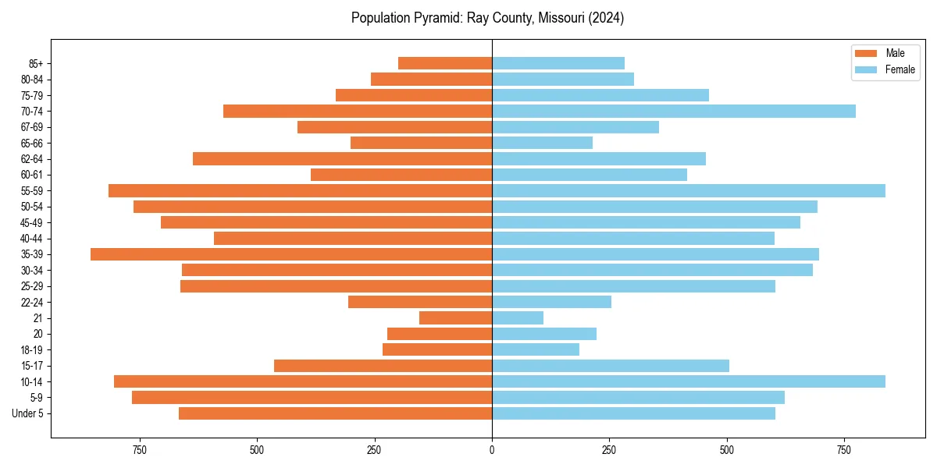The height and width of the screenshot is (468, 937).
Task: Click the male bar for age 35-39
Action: tap(291, 254)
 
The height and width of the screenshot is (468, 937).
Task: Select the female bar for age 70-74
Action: tap(673, 112)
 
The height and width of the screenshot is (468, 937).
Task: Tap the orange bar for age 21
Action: tap(455, 318)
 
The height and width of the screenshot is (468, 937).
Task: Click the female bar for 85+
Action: tap(558, 63)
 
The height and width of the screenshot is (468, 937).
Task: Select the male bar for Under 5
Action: tap(335, 413)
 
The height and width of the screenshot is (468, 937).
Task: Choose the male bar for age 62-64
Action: tap(342, 159)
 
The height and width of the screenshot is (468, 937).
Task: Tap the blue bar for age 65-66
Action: tap(542, 143)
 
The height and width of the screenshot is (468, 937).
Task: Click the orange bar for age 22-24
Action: tap(420, 302)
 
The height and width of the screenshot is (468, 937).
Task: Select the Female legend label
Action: tap(900, 69)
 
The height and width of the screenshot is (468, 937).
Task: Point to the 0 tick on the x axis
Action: tap(492, 450)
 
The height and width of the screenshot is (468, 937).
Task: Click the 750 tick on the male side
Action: tap(140, 450)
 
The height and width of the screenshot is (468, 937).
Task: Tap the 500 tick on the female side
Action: tap(727, 450)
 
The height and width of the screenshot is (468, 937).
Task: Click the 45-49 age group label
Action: tap(32, 223)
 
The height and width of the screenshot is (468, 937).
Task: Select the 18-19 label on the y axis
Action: tap(32, 350)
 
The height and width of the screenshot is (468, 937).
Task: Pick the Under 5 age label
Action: tap(28, 413)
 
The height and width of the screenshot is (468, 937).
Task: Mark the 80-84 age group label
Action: tap(32, 80)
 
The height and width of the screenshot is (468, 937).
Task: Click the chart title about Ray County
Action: tap(487, 18)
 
